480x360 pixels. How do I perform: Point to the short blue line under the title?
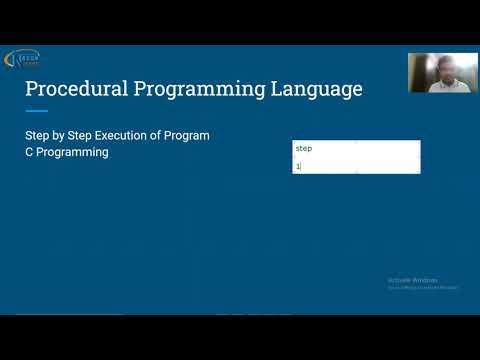pyautogui.click(x=37, y=111)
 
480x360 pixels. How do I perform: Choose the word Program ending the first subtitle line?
pyautogui.click(x=194, y=135)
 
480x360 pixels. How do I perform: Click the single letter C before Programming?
pyautogui.click(x=30, y=153)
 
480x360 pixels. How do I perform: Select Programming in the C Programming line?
pyautogui.click(x=74, y=153)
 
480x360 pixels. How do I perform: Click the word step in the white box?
pyautogui.click(x=304, y=148)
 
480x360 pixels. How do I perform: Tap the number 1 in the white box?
pyautogui.click(x=297, y=166)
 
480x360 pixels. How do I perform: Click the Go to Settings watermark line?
pyautogui.click(x=423, y=288)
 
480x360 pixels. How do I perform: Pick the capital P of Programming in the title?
pyautogui.click(x=142, y=89)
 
